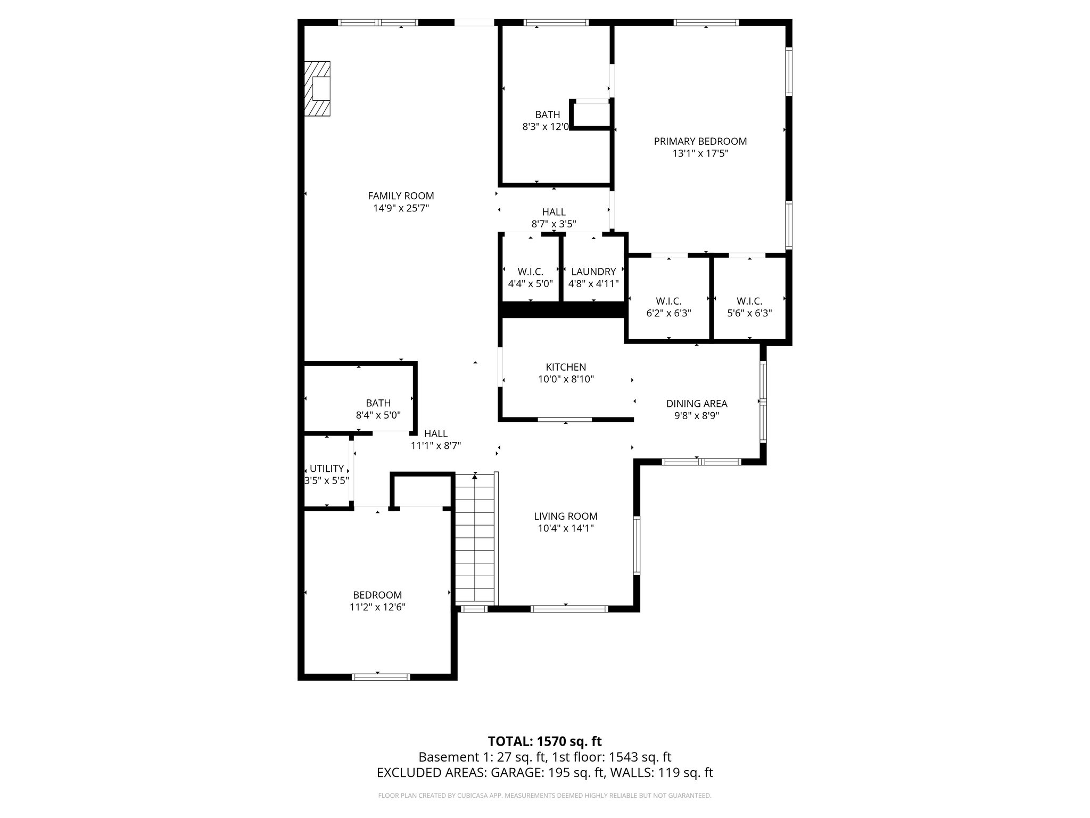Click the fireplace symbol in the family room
click(317, 88)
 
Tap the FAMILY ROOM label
click(401, 196)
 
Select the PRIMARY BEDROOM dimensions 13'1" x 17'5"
click(700, 154)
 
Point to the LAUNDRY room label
click(593, 272)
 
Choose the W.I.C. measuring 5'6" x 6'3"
click(749, 307)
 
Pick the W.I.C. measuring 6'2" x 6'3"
click(668, 307)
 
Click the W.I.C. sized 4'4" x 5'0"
click(530, 277)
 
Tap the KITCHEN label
click(566, 367)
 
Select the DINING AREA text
click(697, 404)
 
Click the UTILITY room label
click(326, 469)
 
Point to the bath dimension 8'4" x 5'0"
click(378, 415)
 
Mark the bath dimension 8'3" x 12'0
click(546, 127)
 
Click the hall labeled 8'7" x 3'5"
click(554, 218)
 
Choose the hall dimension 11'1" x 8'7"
click(435, 446)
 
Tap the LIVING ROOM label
click(565, 516)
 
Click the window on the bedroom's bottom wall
click(381, 677)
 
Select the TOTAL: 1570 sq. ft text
click(544, 741)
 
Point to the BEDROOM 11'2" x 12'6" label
click(377, 601)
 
